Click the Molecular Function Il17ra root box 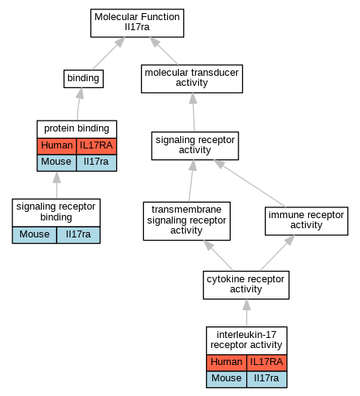tap(137, 23)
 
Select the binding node tap(84, 79)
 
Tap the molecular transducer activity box tap(192, 79)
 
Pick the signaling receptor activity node tap(195, 145)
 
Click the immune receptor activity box tap(307, 221)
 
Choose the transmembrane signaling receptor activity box tap(187, 221)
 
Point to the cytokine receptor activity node tap(246, 285)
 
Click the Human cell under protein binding tap(57, 146)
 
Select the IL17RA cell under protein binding tap(96, 146)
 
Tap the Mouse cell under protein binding tap(57, 162)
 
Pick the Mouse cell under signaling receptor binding tap(34, 235)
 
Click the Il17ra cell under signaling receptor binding tap(78, 235)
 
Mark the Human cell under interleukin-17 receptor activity tap(226, 363)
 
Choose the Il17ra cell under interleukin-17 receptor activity tap(266, 379)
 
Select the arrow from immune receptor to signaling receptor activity tap(250, 183)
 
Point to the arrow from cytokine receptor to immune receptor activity tap(277, 253)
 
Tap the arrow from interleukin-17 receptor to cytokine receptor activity tap(246, 312)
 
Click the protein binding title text tap(77, 128)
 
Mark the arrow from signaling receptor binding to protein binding tap(57, 185)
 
